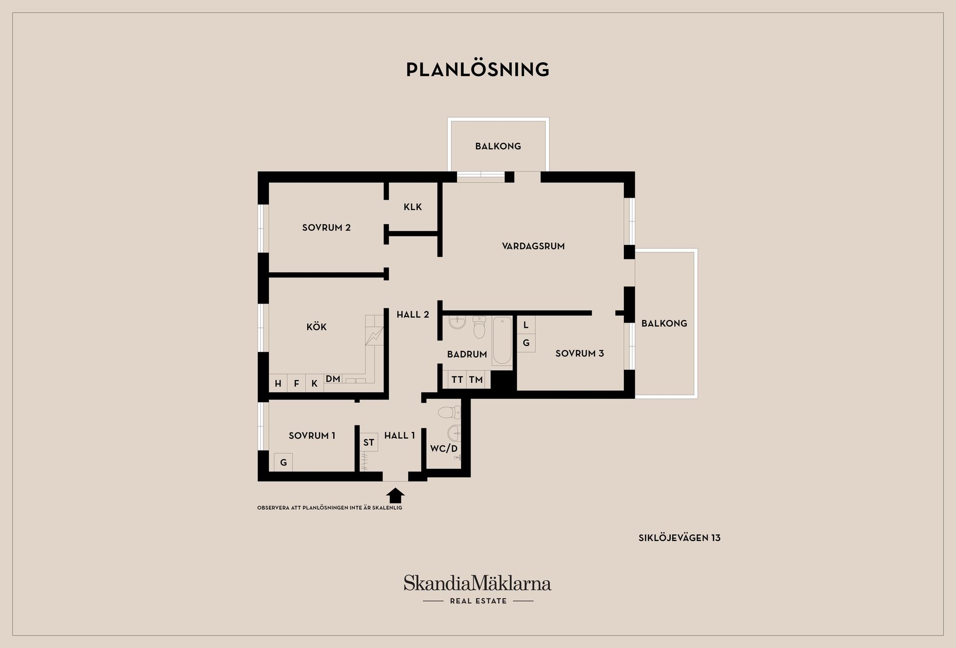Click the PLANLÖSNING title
(478, 69)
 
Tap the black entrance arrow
(395, 495)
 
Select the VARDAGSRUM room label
(533, 246)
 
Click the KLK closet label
(413, 207)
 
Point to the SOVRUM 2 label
(326, 227)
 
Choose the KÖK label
(317, 326)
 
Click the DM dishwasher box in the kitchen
(333, 379)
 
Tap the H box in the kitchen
(278, 383)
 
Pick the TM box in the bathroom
(476, 380)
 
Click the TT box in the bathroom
(457, 380)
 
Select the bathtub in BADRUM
(502, 341)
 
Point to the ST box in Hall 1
(368, 442)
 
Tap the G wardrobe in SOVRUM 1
(283, 462)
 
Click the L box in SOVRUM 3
(526, 325)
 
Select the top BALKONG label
(498, 146)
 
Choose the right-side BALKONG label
(664, 324)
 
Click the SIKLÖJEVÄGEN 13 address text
(680, 538)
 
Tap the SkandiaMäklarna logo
(478, 589)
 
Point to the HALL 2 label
(413, 315)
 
